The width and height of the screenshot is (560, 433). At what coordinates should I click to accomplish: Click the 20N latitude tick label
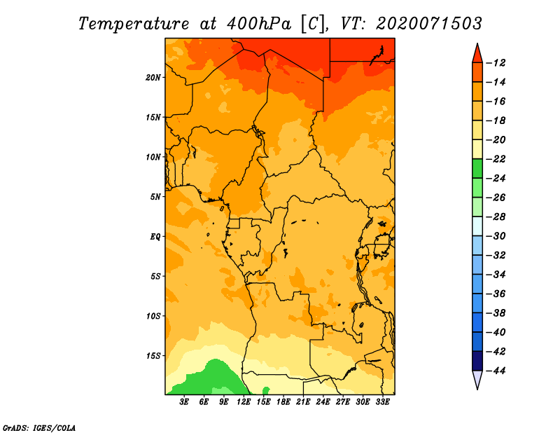pos(153,78)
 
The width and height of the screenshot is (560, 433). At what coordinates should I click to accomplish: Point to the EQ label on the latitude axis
pos(155,237)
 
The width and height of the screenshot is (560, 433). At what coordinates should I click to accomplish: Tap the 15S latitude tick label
pos(153,356)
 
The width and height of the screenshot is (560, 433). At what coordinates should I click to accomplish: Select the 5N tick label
pos(155,197)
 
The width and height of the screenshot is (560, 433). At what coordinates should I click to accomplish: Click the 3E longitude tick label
pos(184,401)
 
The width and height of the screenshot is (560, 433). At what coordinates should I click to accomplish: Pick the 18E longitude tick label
pos(283,401)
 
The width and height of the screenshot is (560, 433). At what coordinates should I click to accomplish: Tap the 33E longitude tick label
pos(382,401)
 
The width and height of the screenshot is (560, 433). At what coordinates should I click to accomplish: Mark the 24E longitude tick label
pos(323,401)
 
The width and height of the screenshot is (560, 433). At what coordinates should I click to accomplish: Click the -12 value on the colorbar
pos(496,63)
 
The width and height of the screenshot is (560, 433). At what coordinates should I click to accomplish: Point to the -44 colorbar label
pos(496,371)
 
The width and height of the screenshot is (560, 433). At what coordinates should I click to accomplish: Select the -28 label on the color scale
pos(496,217)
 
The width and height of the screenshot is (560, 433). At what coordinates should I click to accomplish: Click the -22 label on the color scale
pos(496,159)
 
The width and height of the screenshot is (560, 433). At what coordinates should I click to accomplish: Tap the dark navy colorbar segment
pos(477,361)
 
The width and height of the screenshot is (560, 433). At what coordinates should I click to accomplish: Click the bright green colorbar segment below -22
pos(477,168)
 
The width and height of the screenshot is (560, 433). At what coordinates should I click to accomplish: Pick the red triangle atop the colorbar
pos(477,54)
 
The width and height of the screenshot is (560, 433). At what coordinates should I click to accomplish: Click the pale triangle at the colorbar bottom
pos(477,380)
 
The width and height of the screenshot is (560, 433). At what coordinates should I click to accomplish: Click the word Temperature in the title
pos(134,24)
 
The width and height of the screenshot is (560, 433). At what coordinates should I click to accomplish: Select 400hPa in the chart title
pos(259,24)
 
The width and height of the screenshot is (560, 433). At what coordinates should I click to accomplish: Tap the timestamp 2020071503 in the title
pos(428,24)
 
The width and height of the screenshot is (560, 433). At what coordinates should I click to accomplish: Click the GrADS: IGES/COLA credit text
pos(39,428)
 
